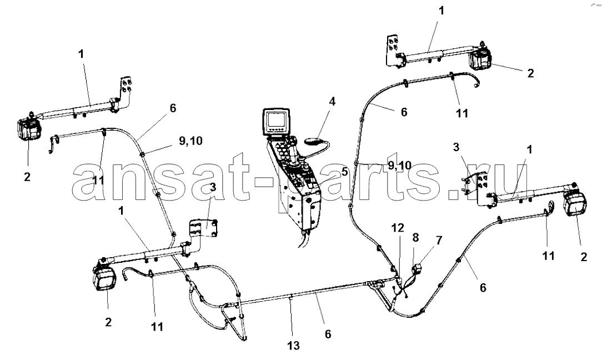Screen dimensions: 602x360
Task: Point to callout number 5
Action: (x=345, y=171)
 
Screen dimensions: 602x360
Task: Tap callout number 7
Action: (x=439, y=241)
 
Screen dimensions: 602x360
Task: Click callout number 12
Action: (x=398, y=228)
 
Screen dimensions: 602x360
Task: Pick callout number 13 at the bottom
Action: (x=293, y=346)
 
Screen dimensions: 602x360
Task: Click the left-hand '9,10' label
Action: (x=191, y=141)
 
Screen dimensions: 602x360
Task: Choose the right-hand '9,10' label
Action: (x=399, y=166)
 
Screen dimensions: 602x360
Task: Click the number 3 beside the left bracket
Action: (x=213, y=187)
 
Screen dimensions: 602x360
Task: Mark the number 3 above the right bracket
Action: (x=456, y=147)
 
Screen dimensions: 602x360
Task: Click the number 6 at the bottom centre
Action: (x=328, y=334)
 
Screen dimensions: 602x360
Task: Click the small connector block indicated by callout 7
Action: (x=417, y=266)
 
